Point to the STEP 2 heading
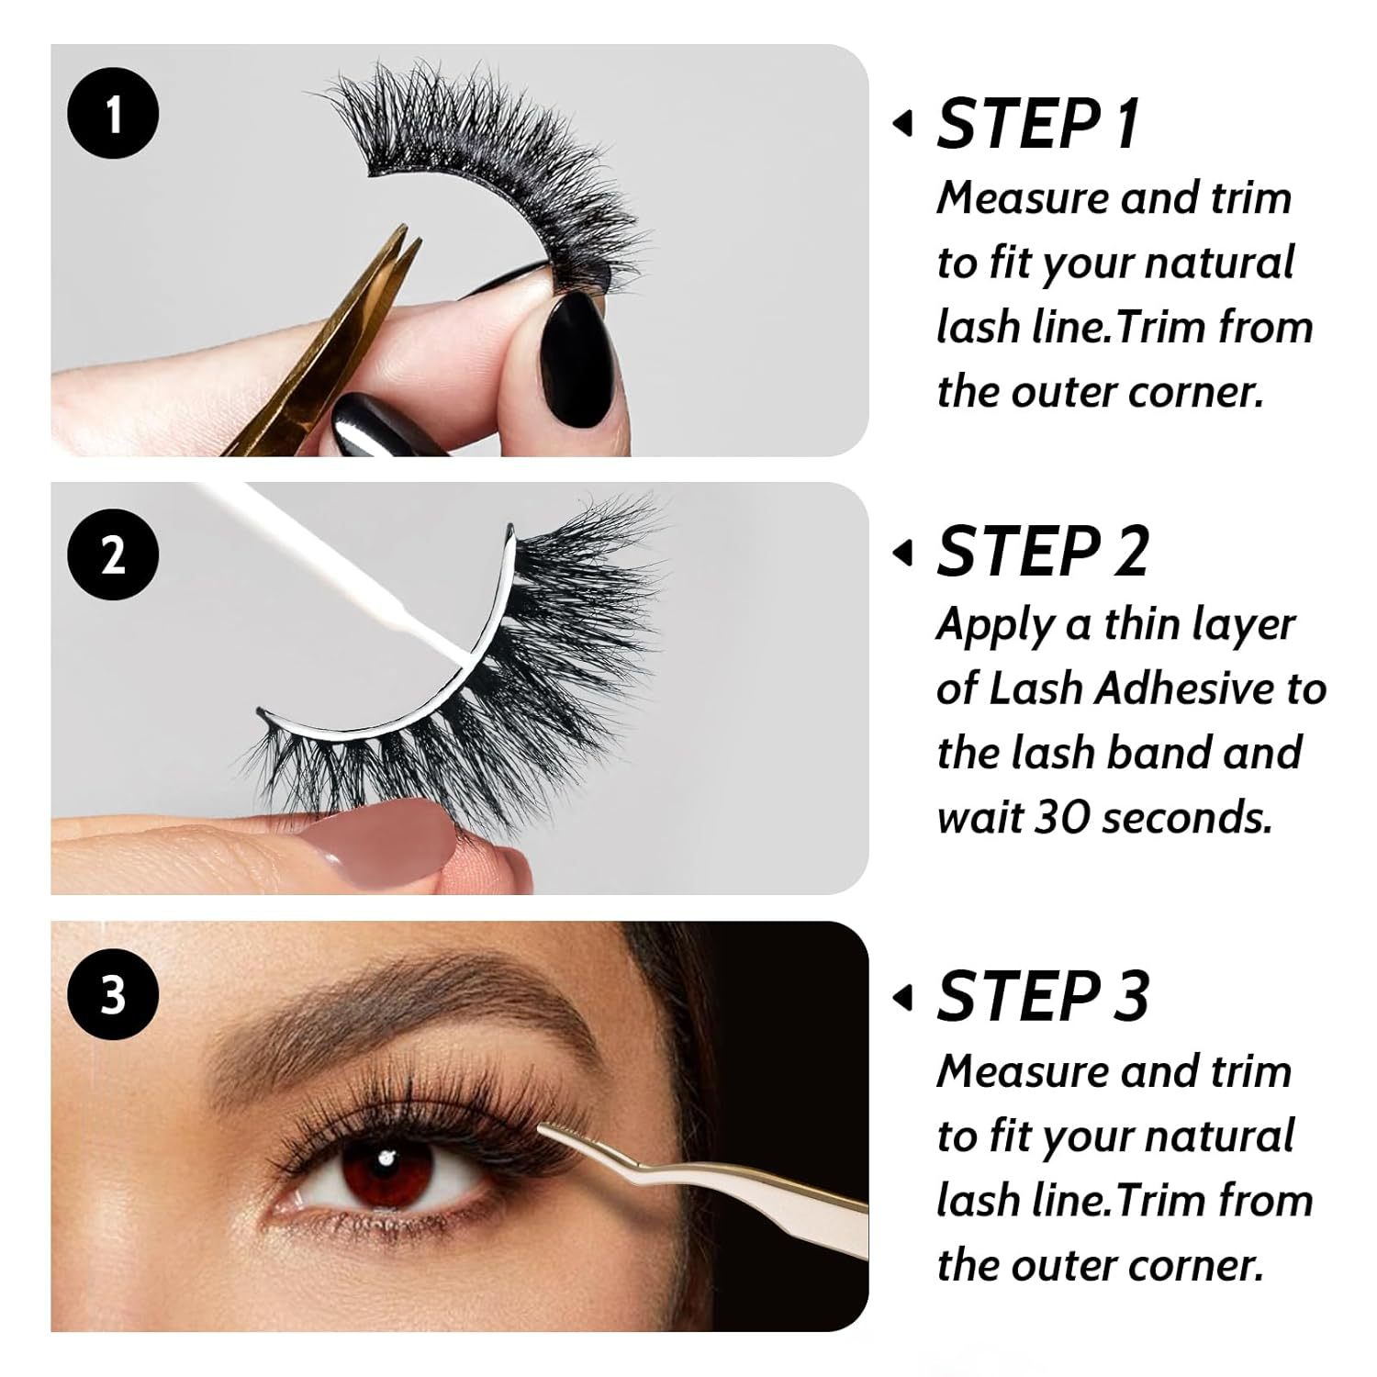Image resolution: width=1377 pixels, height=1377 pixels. pos(1043,552)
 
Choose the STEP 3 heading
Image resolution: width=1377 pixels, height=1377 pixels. pos(1043,995)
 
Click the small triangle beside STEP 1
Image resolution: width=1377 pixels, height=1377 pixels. pos(903,123)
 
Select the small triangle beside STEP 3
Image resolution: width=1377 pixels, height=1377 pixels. pos(903,996)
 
